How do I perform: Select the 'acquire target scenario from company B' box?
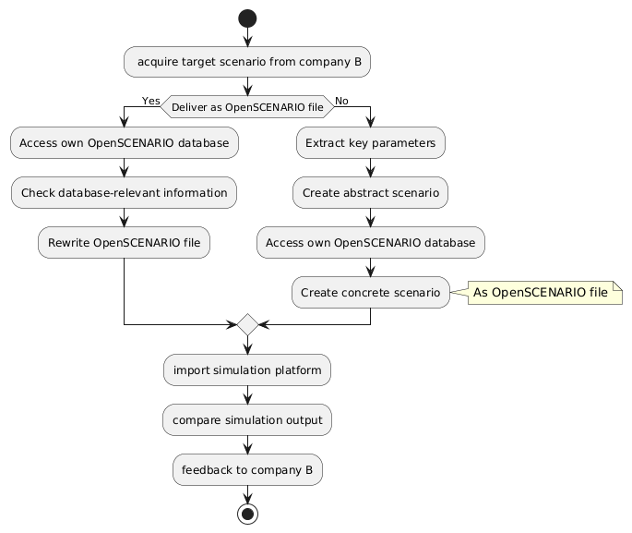click(x=246, y=62)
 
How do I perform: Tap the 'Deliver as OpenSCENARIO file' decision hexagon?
click(x=246, y=108)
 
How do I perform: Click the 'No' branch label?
click(x=342, y=100)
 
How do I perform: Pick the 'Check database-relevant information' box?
click(x=124, y=192)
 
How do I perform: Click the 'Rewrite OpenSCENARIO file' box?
click(x=124, y=242)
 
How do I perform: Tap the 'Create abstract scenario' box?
click(x=371, y=192)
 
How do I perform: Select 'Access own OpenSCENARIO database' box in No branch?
click(x=371, y=242)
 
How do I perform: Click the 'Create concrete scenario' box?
click(x=371, y=292)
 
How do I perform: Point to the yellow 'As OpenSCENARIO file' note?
click(x=540, y=292)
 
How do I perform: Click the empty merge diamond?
click(x=246, y=325)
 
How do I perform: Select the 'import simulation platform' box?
click(x=246, y=369)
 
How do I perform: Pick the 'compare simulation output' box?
click(x=246, y=419)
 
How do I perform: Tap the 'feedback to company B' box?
click(x=246, y=469)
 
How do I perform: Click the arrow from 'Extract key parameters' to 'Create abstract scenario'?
click(x=371, y=167)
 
